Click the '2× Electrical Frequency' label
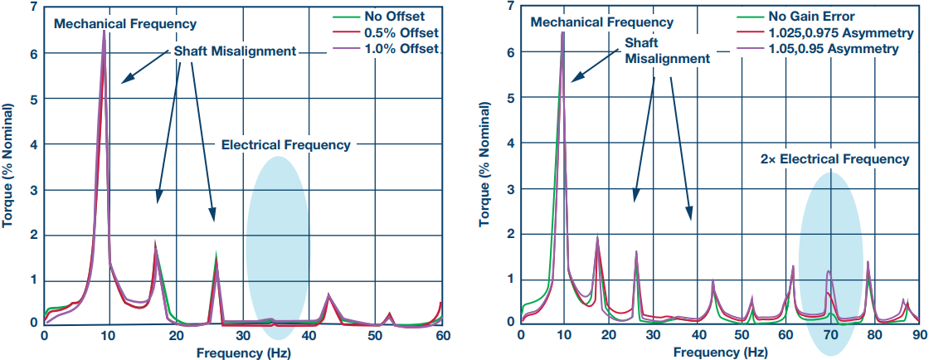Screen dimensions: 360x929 [834, 158]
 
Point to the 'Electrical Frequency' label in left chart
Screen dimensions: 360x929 [285, 145]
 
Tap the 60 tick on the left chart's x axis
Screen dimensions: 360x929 [443, 336]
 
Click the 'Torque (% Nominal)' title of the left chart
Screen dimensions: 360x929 [10, 165]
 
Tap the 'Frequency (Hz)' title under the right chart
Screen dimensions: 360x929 [720, 353]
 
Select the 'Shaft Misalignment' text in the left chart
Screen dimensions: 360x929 [235, 51]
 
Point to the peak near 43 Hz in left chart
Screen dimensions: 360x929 [329, 295]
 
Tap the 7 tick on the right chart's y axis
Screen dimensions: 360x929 [509, 7]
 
